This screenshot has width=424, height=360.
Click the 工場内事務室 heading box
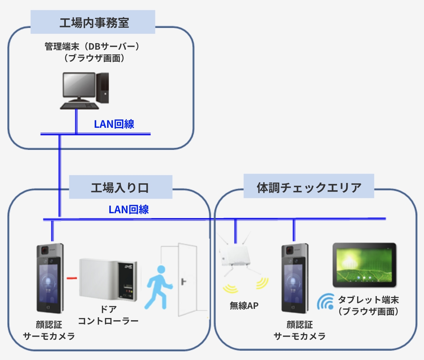click(93, 22)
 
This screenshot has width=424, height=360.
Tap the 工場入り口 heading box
click(120, 187)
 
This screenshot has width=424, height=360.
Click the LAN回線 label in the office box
click(114, 124)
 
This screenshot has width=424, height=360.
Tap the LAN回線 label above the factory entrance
click(129, 210)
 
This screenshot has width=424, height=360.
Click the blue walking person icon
click(158, 287)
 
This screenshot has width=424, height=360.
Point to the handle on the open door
click(182, 282)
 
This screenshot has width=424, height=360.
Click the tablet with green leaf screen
click(364, 265)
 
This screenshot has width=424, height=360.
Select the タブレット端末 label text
click(368, 300)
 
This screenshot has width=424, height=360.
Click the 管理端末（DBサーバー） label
click(92, 47)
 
